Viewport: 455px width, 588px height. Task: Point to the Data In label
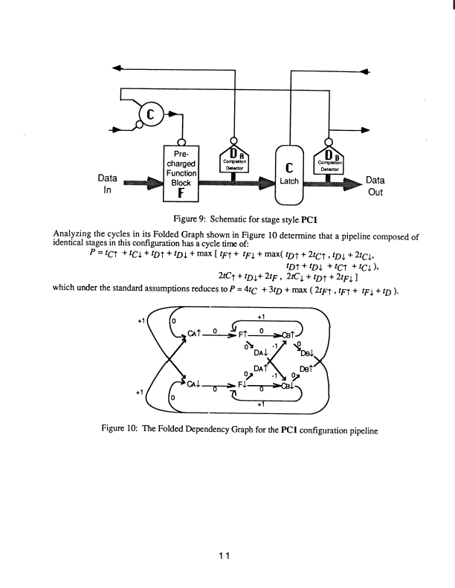[x=104, y=184]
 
